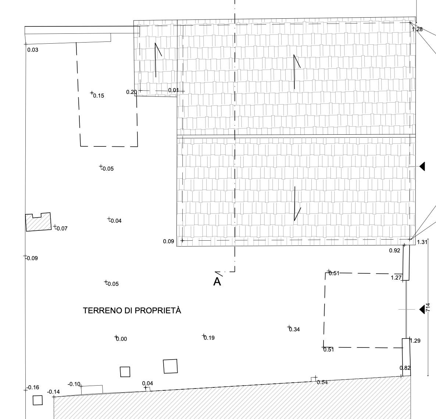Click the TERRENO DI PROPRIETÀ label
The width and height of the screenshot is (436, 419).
(132, 311)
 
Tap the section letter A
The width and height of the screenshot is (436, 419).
(217, 282)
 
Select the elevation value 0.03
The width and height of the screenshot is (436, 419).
(33, 50)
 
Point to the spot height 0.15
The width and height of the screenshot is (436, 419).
(99, 96)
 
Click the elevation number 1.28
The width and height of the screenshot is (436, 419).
(417, 29)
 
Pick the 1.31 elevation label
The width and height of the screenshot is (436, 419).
(422, 242)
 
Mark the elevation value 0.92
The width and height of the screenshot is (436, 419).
(394, 251)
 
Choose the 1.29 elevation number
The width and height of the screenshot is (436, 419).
(415, 341)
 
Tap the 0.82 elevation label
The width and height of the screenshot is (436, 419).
(405, 368)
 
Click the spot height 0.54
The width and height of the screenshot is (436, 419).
(322, 382)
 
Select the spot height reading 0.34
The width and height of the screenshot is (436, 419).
(294, 329)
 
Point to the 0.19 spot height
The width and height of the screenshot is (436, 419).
(209, 338)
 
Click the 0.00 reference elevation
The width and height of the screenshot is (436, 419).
(121, 339)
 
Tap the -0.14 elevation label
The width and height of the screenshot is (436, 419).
(53, 392)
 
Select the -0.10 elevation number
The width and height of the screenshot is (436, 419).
(74, 384)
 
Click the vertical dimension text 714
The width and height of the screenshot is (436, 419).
(428, 308)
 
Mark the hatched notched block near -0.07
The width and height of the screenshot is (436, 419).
(38, 222)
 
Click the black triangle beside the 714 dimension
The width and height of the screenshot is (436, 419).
(422, 309)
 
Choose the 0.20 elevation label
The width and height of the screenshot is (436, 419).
(131, 92)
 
